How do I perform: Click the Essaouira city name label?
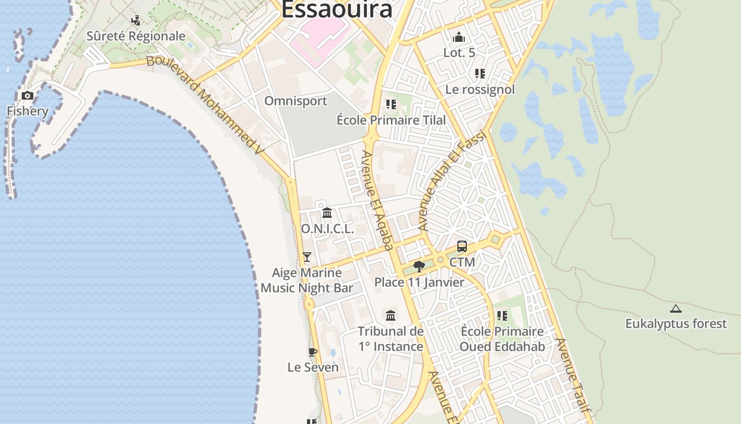point(337,10)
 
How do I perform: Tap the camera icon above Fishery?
point(28,96)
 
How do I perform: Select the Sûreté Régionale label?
point(136,36)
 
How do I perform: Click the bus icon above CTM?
point(462,246)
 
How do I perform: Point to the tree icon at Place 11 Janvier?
point(419,266)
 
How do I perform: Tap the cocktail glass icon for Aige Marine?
point(307,257)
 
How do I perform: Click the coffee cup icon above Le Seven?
point(313,352)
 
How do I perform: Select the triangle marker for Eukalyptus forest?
point(675,308)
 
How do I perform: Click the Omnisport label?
point(296,101)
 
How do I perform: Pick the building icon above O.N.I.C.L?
point(327,213)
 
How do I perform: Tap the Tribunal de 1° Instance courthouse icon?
point(391,316)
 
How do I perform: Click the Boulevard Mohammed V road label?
point(205,104)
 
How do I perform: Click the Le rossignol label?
point(480,89)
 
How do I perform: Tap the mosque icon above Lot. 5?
point(459,37)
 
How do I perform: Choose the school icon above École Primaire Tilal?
point(391,104)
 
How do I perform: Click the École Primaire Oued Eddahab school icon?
point(502,316)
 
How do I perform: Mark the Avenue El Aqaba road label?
point(377,199)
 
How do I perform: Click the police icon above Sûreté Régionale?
point(136,21)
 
